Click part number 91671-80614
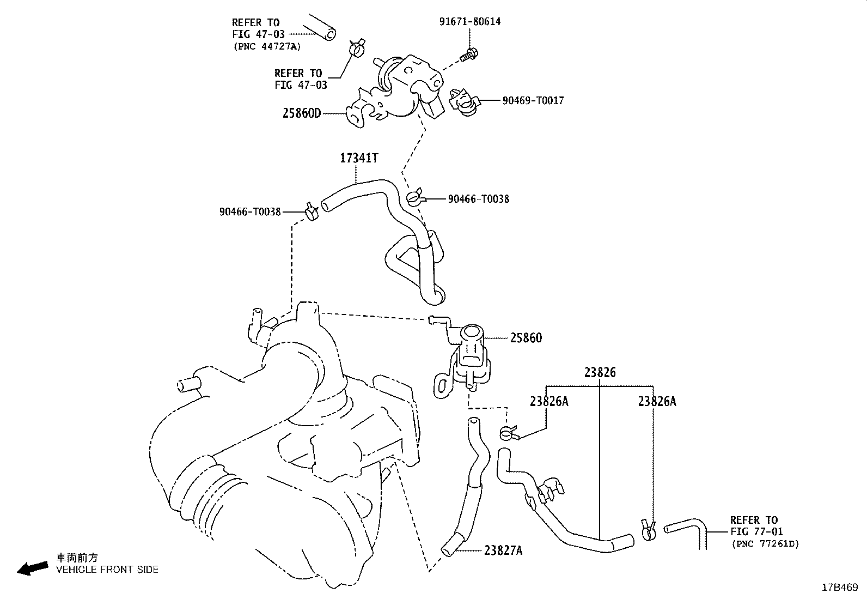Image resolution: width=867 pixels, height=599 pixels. tap(469, 22)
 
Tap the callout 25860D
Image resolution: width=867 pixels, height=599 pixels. tap(302, 113)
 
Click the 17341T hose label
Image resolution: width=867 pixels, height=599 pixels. tap(358, 158)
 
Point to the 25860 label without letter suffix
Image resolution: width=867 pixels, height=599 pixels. tap(526, 338)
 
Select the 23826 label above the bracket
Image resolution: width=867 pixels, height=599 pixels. tap(600, 373)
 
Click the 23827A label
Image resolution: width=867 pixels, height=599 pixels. tap(503, 550)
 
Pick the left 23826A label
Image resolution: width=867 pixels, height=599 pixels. tap(548, 402)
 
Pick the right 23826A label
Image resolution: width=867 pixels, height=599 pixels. tap(657, 402)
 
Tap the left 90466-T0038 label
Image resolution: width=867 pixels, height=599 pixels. tap(250, 211)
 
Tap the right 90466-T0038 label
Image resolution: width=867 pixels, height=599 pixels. tap(478, 199)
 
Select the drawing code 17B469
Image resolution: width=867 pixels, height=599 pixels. tap(840, 588)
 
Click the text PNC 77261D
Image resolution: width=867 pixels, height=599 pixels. tap(765, 543)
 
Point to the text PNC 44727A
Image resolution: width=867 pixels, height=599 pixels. tap(267, 46)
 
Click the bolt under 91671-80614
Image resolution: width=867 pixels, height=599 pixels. tap(467, 55)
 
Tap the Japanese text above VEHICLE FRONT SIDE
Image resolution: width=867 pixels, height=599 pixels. tap(77, 558)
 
